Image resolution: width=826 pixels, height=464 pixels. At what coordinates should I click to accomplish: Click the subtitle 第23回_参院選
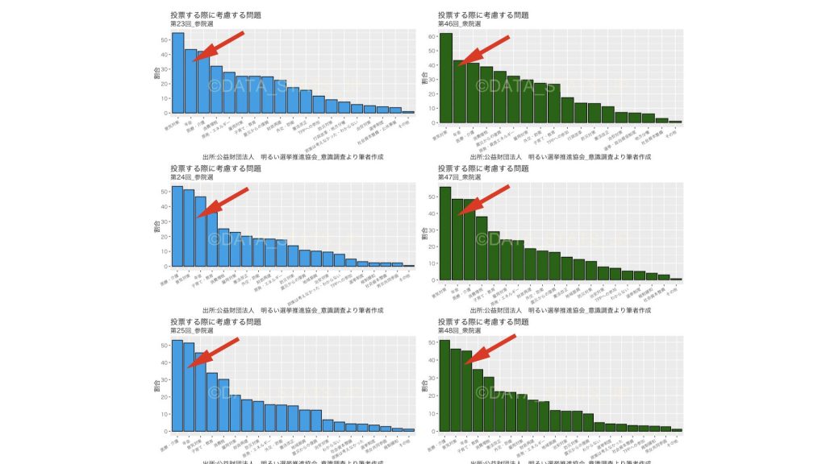point(192,24)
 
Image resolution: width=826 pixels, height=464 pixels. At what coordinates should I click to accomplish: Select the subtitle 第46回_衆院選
point(460,24)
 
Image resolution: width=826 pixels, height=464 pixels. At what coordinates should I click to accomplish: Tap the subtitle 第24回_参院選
point(192,177)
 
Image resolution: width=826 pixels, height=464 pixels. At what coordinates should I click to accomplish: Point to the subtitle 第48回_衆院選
point(460,330)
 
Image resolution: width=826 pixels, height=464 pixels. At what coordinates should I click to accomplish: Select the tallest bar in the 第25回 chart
point(177,385)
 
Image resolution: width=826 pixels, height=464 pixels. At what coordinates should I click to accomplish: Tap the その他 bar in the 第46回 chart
point(675,122)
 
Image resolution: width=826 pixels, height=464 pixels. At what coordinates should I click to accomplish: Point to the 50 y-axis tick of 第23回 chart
point(164,39)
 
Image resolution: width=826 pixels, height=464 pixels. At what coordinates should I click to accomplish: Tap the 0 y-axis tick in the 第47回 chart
point(432,280)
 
